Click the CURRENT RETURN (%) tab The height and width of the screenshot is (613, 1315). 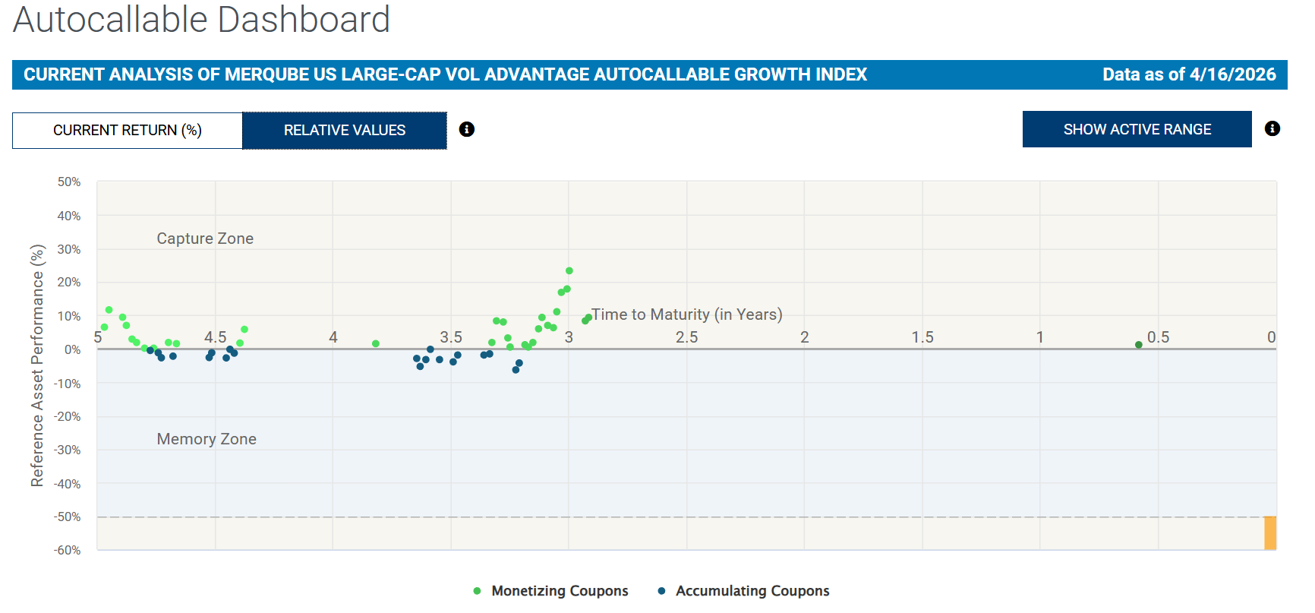(127, 131)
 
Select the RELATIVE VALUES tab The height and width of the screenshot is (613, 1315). (344, 131)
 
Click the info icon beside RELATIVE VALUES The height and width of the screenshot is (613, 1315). (467, 129)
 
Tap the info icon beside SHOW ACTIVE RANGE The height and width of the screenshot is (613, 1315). (1272, 129)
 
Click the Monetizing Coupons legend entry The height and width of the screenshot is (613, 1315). (551, 591)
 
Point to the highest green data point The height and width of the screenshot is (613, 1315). (569, 271)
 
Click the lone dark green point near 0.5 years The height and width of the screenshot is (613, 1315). (1139, 345)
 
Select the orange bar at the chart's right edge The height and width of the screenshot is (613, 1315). (1270, 532)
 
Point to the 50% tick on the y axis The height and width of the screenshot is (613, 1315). (69, 182)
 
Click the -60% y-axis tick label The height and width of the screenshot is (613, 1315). (68, 550)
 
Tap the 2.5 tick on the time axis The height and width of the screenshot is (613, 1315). (687, 337)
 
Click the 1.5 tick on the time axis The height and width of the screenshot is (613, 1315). (922, 337)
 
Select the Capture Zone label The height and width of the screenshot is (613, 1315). (205, 239)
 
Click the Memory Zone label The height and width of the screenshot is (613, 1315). (207, 439)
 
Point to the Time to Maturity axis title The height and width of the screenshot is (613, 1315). (687, 314)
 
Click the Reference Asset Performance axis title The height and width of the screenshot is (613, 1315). (37, 365)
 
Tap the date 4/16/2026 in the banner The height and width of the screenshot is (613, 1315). (1232, 74)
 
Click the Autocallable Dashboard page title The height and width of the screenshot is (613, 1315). (201, 20)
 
